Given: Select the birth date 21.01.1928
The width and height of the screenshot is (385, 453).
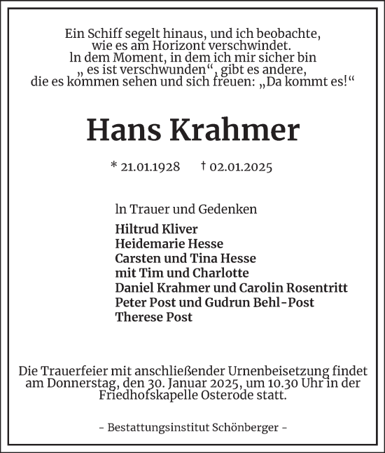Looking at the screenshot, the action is [150, 167].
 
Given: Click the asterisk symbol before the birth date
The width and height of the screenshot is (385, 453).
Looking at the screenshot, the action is [113, 167].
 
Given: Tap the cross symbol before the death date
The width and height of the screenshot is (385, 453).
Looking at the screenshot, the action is [202, 167].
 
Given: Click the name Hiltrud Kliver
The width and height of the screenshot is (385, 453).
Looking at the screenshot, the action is [157, 229].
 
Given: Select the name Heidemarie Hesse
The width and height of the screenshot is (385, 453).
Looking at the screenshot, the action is [169, 244].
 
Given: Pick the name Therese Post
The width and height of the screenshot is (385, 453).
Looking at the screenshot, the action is [154, 317].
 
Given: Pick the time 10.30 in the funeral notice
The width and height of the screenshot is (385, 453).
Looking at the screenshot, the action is [238, 383].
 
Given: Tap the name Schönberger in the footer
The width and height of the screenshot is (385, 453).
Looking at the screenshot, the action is [245, 427].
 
